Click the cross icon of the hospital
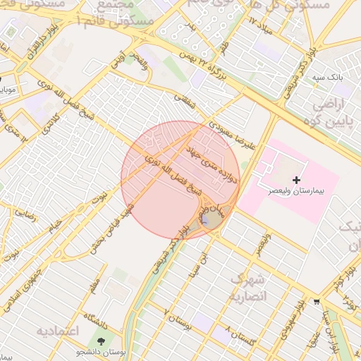[x=296, y=180]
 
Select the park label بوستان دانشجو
[x=102, y=352]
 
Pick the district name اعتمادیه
[x=58, y=331]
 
